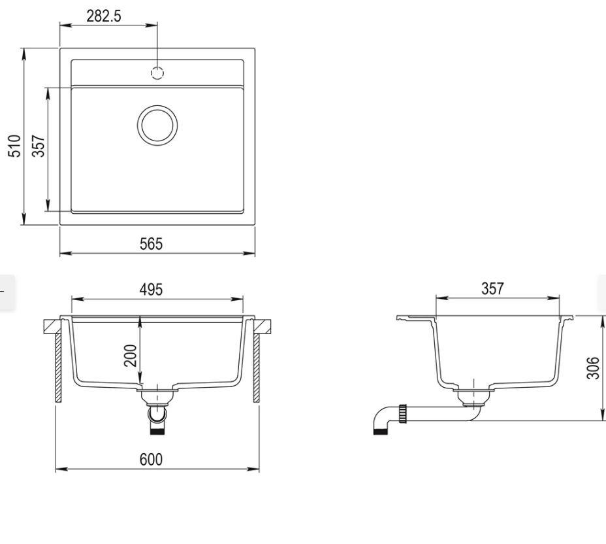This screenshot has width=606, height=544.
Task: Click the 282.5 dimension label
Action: point(104,16)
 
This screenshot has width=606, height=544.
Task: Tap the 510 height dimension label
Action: point(14,146)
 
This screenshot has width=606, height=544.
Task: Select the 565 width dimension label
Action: point(151,244)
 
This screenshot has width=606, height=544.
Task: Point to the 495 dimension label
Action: point(151,290)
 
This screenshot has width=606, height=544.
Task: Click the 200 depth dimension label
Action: point(131,355)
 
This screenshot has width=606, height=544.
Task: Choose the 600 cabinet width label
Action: point(151,459)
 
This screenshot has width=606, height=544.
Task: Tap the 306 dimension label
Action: point(593,368)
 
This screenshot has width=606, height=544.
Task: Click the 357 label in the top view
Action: point(39,146)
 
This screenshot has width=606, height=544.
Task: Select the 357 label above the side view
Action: point(493,288)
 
